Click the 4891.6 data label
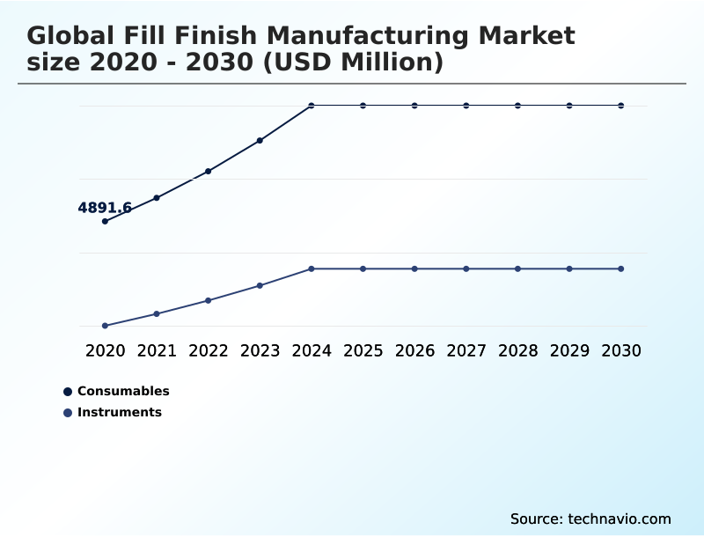coord(105,208)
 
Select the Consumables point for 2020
coord(105,221)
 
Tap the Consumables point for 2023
coord(260,140)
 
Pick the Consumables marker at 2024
coord(312,106)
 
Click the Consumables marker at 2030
coord(621,106)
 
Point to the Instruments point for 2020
coord(105,326)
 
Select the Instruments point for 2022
coord(209,300)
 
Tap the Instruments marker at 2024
coord(312,268)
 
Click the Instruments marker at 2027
coord(466,268)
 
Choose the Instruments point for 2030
coord(621,268)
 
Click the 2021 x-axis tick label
coord(157,350)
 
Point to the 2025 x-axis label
coord(363,350)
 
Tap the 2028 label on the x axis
coord(517,350)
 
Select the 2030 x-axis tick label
coord(621,350)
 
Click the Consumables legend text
coord(123,391)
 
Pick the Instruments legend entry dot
coord(68,412)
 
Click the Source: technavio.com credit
coord(590,519)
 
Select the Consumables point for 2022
coord(209,171)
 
